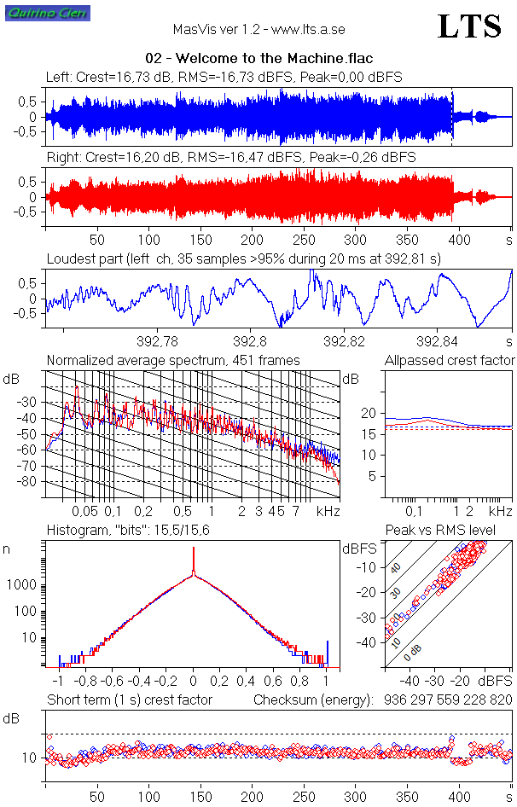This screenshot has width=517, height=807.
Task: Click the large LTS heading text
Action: click(469, 27)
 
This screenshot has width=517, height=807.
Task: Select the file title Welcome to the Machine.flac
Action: click(259, 59)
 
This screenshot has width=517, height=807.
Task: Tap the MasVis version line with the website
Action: click(258, 30)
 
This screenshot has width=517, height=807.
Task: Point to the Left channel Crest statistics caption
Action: click(224, 78)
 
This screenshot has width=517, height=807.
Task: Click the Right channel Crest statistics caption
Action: click(230, 158)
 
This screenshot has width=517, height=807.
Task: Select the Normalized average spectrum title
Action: click(173, 361)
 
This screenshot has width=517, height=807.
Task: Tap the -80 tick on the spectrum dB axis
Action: click(30, 482)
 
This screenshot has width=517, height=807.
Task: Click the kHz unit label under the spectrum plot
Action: click(328, 511)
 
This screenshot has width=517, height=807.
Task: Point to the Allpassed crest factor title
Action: click(450, 361)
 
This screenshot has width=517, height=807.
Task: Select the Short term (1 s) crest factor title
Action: click(129, 700)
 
